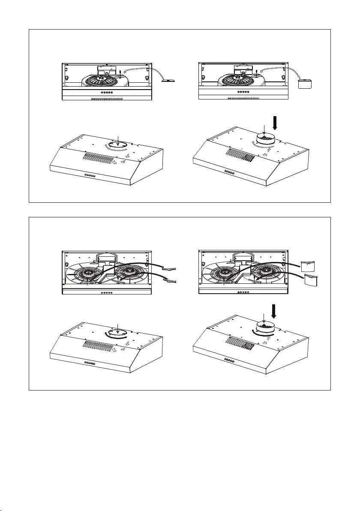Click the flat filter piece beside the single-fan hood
tap(169, 80)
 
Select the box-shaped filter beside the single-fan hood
tap(305, 83)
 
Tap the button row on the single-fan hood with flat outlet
tap(90, 175)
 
